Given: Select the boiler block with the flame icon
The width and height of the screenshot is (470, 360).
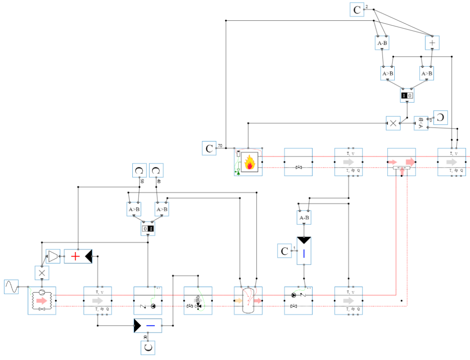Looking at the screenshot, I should click(248, 162).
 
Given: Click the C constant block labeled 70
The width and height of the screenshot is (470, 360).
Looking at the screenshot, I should click(209, 148).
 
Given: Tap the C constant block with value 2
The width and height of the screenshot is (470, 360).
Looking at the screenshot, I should click(357, 10).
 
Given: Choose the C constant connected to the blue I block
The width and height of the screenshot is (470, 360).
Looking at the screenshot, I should click(284, 251).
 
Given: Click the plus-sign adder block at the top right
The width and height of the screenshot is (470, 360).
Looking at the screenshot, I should click(432, 42).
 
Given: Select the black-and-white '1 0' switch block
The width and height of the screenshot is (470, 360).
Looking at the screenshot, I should click(407, 95).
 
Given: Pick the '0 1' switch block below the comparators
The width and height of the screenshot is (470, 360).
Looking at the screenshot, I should click(148, 229).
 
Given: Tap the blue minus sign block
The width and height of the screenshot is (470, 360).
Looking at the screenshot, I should click(148, 326).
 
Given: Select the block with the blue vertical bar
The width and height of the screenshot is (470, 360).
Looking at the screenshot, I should click(304, 251).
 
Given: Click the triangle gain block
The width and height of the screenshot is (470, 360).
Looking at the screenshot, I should click(53, 256).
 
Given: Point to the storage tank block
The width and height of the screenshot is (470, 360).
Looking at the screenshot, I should click(248, 301).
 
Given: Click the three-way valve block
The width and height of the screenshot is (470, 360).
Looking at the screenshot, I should click(198, 301).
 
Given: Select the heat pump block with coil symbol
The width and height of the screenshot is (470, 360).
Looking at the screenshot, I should click(42, 301).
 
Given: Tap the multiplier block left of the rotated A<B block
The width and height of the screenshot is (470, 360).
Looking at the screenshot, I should click(393, 123).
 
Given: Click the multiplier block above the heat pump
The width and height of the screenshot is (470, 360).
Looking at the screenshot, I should click(42, 273).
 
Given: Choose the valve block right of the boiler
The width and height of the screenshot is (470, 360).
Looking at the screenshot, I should click(298, 162).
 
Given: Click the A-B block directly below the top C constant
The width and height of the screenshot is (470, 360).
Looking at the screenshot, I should click(382, 43).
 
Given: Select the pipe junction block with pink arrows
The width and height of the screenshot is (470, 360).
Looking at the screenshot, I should click(401, 162).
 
